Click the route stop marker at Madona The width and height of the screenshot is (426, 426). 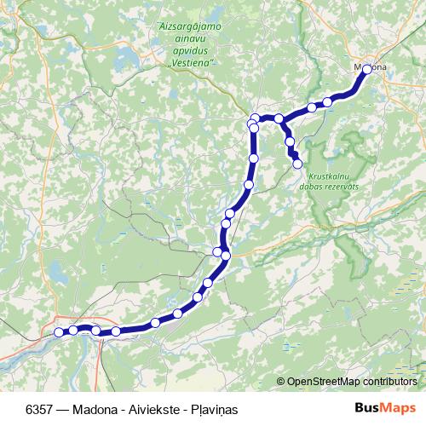tap(367, 70)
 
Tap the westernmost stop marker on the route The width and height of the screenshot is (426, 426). tap(59, 332)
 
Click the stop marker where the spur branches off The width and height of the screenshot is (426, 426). tap(279, 118)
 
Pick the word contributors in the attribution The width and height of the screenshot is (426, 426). tap(391, 381)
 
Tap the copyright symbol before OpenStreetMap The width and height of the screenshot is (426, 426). tap(280, 381)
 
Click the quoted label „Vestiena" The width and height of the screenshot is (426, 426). tap(192, 63)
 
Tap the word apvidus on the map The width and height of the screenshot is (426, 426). tap(193, 51)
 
